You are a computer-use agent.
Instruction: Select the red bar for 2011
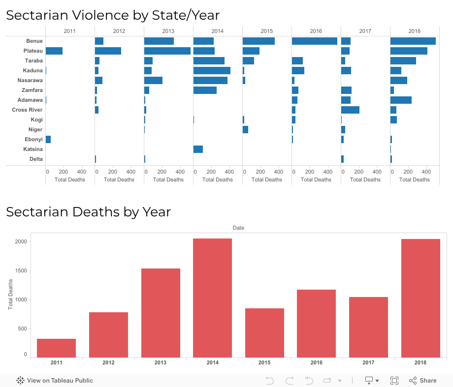coord(56,348)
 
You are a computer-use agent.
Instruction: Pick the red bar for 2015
coord(264,332)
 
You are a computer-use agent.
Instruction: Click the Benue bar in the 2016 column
coord(314,41)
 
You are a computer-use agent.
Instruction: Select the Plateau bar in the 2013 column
coord(167,51)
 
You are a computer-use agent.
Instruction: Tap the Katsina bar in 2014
coord(198,149)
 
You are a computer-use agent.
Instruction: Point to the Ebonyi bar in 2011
coord(48,139)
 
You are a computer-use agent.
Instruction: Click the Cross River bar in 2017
coord(350,110)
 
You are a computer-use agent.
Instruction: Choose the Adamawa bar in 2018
coord(401,100)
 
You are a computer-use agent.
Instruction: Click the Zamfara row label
coord(32,90)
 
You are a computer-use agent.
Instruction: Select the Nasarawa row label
coord(30,80)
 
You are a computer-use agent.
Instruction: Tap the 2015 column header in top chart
coord(266,31)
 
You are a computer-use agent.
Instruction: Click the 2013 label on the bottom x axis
coord(161,362)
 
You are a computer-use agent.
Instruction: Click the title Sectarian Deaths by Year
coord(88,212)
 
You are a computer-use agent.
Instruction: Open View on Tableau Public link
coord(55,380)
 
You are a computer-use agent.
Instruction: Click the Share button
coord(423,380)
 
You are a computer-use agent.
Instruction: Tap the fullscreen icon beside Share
coord(394,380)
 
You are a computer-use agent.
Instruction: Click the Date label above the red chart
coord(238,228)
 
